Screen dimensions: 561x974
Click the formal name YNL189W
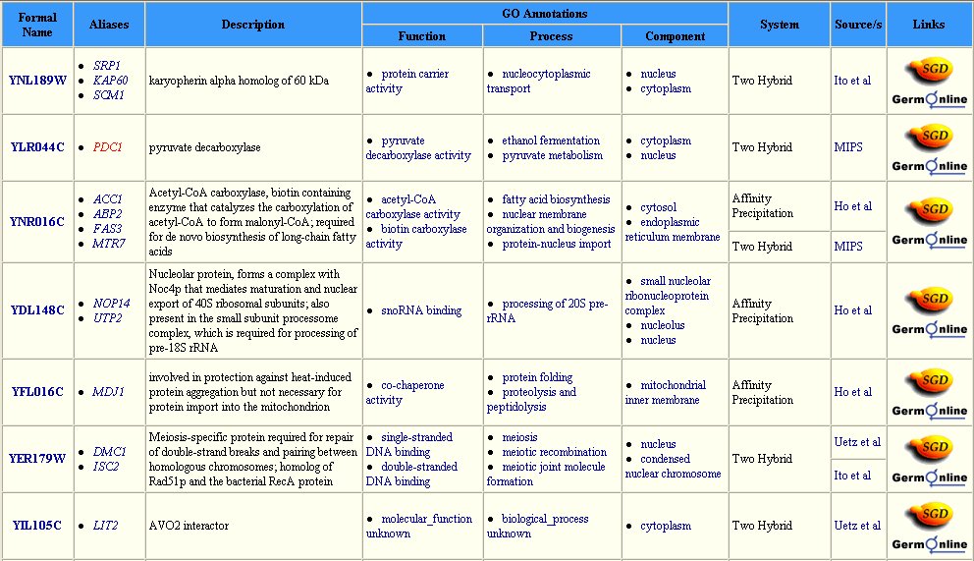tap(37, 81)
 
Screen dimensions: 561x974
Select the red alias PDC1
tap(107, 147)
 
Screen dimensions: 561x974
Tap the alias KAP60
tap(110, 81)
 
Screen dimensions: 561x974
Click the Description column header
tap(252, 25)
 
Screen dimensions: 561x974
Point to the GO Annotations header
tap(544, 14)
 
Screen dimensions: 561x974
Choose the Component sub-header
tap(675, 36)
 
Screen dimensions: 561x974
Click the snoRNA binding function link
tap(421, 310)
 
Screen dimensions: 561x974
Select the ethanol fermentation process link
tap(551, 140)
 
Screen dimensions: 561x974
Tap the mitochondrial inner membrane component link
tap(670, 392)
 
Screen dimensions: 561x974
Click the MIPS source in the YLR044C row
tap(849, 147)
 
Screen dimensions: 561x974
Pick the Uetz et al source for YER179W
tap(856, 442)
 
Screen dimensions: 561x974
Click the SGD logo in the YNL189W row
tap(929, 70)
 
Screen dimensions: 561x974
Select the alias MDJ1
tap(107, 392)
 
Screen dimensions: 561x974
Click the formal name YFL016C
tap(37, 392)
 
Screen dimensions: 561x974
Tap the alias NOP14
tap(111, 304)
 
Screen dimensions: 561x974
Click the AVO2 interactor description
tap(189, 526)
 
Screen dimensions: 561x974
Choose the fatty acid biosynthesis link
tap(556, 199)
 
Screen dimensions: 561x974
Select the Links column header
tap(929, 25)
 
